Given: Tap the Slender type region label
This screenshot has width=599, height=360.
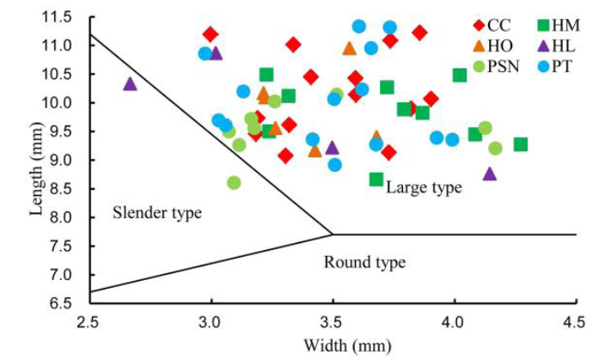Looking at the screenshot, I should [x=156, y=211].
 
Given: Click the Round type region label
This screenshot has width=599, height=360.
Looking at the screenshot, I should [x=364, y=262].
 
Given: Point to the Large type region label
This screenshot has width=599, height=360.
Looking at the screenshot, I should [x=423, y=187].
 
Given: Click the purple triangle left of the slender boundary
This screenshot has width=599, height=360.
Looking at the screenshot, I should [x=131, y=84].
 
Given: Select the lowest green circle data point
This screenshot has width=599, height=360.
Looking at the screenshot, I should [x=234, y=183].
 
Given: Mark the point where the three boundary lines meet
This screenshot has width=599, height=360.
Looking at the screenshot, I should [x=333, y=234].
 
